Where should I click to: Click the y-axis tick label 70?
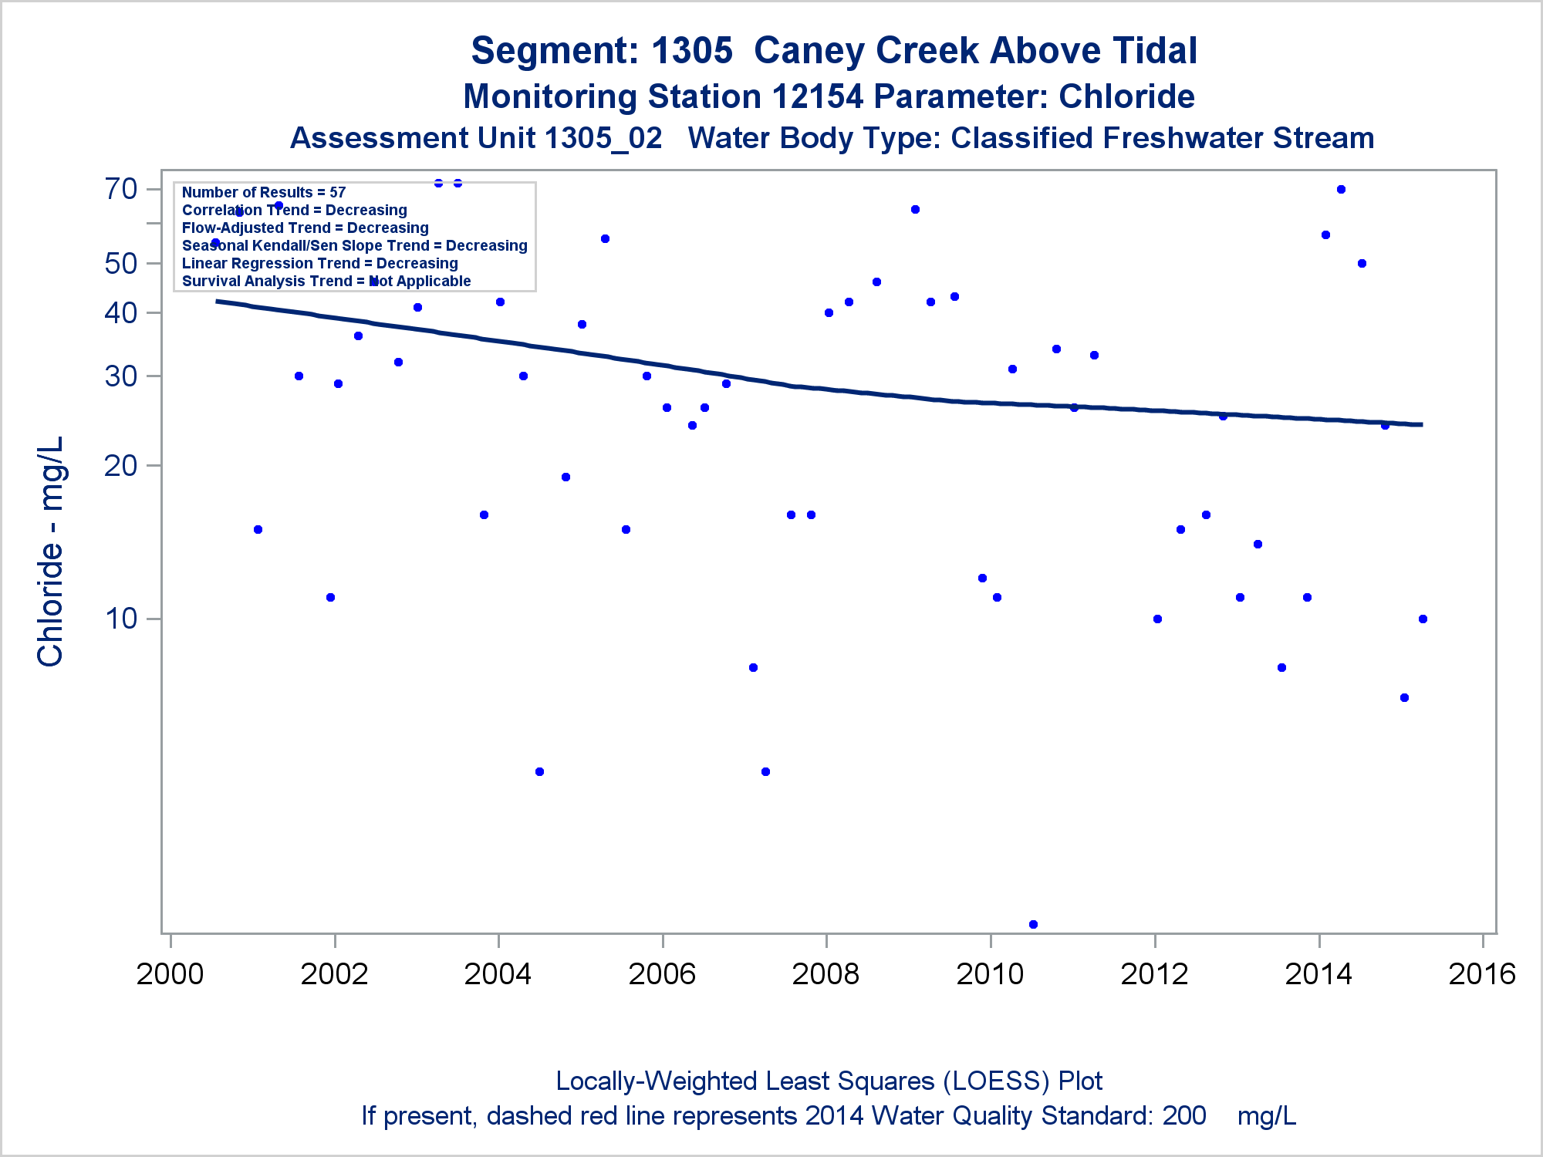pos(121,189)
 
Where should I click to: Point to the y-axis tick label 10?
pos(121,619)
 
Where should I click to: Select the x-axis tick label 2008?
pos(826,974)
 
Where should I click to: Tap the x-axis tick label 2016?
pos(1482,974)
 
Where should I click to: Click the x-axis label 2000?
pos(170,974)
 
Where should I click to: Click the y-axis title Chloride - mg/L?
pos(51,552)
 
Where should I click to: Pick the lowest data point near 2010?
pos(1033,924)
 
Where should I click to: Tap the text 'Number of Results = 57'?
pos(264,192)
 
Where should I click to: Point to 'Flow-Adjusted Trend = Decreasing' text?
pos(306,228)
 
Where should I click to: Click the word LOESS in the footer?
pos(996,1081)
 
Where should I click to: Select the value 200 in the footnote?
pos(1184,1116)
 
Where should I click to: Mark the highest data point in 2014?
pos(1341,189)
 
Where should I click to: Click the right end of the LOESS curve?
pos(1421,424)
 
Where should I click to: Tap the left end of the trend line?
pos(218,301)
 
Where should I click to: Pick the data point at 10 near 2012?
pos(1157,619)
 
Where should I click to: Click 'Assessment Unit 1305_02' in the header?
pos(476,139)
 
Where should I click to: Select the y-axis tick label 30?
pos(121,376)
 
